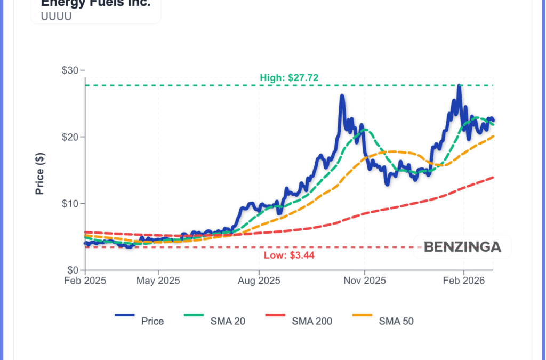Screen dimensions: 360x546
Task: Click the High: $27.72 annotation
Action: [x=289, y=78]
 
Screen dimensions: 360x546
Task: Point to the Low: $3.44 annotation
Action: [x=289, y=255]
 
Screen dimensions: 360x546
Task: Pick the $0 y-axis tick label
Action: [x=74, y=270]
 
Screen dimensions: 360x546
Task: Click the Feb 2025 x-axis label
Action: [x=86, y=281]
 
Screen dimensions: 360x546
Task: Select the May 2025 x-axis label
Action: [x=158, y=281]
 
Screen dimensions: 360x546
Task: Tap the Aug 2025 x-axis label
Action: [x=259, y=281]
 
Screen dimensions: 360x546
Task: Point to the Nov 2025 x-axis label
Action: [x=365, y=281]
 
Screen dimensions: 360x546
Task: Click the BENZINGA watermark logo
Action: [x=462, y=247]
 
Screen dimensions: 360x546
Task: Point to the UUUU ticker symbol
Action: [x=56, y=15]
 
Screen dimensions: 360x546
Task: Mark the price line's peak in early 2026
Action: [x=459, y=86]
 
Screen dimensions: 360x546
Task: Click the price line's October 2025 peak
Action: [x=342, y=97]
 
